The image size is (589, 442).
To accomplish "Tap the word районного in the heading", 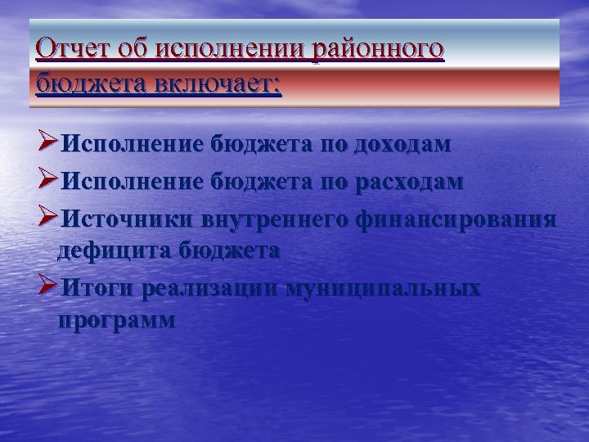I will coord(377,50).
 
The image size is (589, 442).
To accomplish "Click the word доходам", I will coord(402,145).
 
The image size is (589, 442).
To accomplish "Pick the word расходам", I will coord(408,182).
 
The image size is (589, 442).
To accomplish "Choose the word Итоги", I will coord(98,288).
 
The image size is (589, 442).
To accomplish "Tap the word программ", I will coord(116,320).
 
